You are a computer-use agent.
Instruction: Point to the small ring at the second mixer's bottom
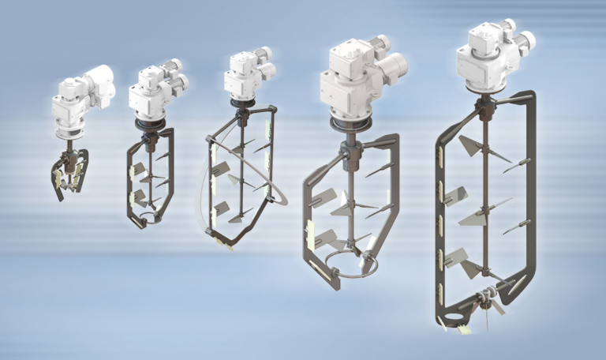point(149,216)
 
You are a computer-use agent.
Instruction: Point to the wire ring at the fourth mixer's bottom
point(347,264)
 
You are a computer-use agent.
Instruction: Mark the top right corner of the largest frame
point(530,96)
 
